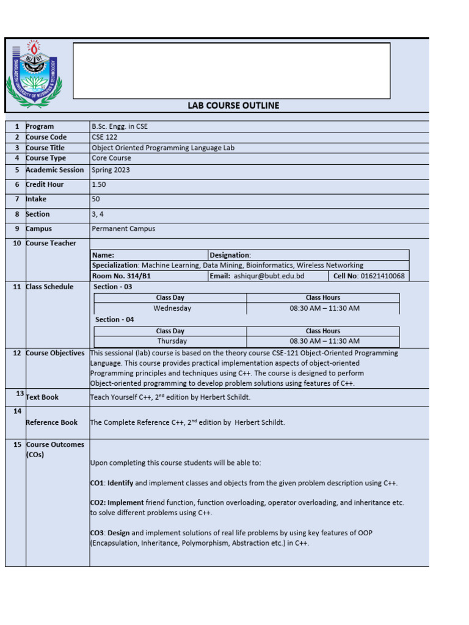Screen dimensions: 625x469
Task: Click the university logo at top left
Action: point(34,74)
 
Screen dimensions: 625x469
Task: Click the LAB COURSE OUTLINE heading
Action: point(233,106)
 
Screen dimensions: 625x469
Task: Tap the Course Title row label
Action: point(45,148)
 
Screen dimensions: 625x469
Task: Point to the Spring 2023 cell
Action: point(111,170)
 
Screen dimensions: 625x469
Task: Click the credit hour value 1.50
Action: point(99,184)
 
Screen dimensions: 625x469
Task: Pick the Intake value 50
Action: point(96,199)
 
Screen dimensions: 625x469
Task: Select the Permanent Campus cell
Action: point(123,229)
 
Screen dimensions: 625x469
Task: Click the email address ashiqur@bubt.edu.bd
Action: point(269,276)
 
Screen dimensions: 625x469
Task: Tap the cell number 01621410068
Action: point(382,276)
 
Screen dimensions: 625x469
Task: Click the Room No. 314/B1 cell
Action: point(121,276)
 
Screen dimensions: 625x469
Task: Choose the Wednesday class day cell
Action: point(172,308)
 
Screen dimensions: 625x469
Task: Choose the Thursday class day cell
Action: point(172,341)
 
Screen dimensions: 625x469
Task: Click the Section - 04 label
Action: point(114,319)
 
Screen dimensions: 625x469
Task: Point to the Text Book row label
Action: point(42,397)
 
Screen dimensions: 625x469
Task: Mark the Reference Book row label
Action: point(52,422)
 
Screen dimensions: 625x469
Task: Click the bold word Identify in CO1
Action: point(120,483)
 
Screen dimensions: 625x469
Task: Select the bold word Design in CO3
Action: point(118,533)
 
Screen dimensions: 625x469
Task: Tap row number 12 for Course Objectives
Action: point(16,353)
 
